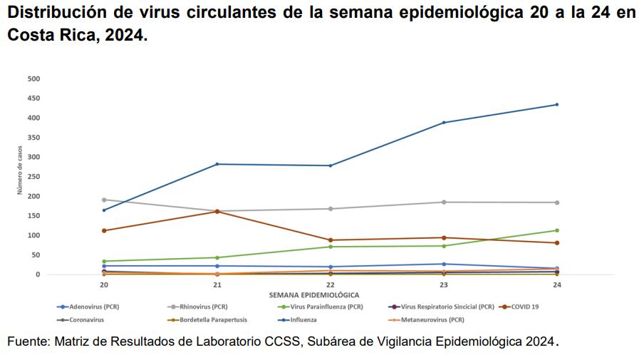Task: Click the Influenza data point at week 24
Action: click(x=556, y=105)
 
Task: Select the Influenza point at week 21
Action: click(x=217, y=164)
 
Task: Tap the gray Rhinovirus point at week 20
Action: click(x=104, y=200)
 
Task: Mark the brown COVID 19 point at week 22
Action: click(x=331, y=240)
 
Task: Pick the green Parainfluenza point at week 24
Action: click(x=556, y=230)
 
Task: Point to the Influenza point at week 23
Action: click(x=444, y=123)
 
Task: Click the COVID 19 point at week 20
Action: click(x=104, y=230)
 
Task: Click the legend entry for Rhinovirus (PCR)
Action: click(x=202, y=307)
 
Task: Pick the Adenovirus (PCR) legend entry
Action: click(x=92, y=307)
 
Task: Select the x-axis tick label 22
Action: click(x=331, y=284)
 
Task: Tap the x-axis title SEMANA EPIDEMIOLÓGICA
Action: click(x=313, y=294)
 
